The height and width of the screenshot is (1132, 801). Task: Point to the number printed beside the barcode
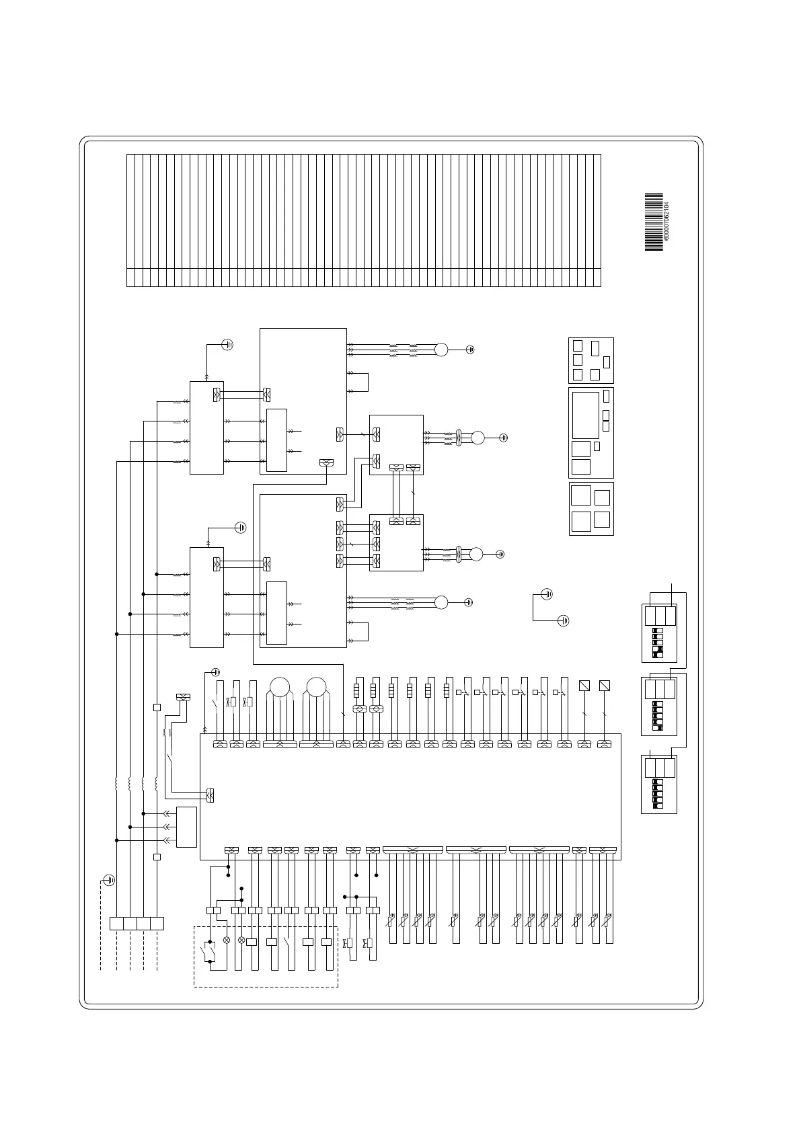pos(666,223)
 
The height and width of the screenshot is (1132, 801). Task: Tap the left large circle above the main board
pos(279,687)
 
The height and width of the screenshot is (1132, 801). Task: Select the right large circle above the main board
pos(316,687)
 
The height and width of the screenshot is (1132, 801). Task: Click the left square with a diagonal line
pos(584,686)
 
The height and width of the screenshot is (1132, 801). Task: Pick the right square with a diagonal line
pos(604,686)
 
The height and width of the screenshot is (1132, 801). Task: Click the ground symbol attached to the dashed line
pos(109,880)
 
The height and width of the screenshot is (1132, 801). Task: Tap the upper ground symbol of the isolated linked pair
pos(547,594)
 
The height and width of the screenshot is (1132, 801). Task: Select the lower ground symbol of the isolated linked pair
pos(564,620)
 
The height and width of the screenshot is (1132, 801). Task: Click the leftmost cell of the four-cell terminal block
pos(116,924)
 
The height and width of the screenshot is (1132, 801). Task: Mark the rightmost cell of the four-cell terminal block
pos(157,924)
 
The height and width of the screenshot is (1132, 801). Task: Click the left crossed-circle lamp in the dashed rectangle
pos(226,940)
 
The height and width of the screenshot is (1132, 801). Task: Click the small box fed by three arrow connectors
pos(186,827)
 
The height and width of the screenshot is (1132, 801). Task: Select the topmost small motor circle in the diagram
pos(441,350)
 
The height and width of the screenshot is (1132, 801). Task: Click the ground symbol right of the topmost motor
pos(471,350)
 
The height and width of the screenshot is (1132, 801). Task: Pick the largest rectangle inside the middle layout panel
pos(585,415)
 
